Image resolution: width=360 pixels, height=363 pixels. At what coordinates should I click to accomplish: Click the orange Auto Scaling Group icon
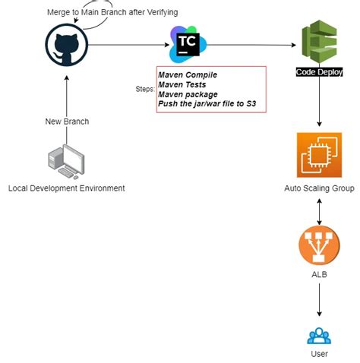tap(319, 155)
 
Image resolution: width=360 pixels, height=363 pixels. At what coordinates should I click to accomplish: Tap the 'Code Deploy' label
tap(319, 72)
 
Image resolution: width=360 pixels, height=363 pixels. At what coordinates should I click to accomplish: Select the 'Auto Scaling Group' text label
tap(319, 188)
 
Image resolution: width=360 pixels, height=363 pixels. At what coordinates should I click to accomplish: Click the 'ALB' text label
tap(319, 274)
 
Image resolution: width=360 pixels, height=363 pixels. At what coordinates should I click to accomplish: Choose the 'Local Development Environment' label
tap(66, 188)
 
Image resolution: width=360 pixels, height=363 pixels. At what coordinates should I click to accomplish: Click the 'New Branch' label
tap(67, 122)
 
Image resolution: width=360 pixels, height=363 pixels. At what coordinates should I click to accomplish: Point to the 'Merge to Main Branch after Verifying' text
tap(112, 13)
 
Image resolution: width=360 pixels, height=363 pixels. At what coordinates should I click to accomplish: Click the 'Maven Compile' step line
tap(187, 75)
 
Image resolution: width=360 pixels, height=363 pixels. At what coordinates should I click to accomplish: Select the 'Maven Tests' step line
tap(183, 85)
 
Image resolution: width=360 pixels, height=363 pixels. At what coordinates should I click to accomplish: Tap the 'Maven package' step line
tap(188, 94)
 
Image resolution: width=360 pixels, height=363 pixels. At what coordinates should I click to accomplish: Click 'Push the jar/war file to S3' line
tap(210, 104)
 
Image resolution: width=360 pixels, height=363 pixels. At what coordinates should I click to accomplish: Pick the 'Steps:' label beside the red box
tap(145, 90)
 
